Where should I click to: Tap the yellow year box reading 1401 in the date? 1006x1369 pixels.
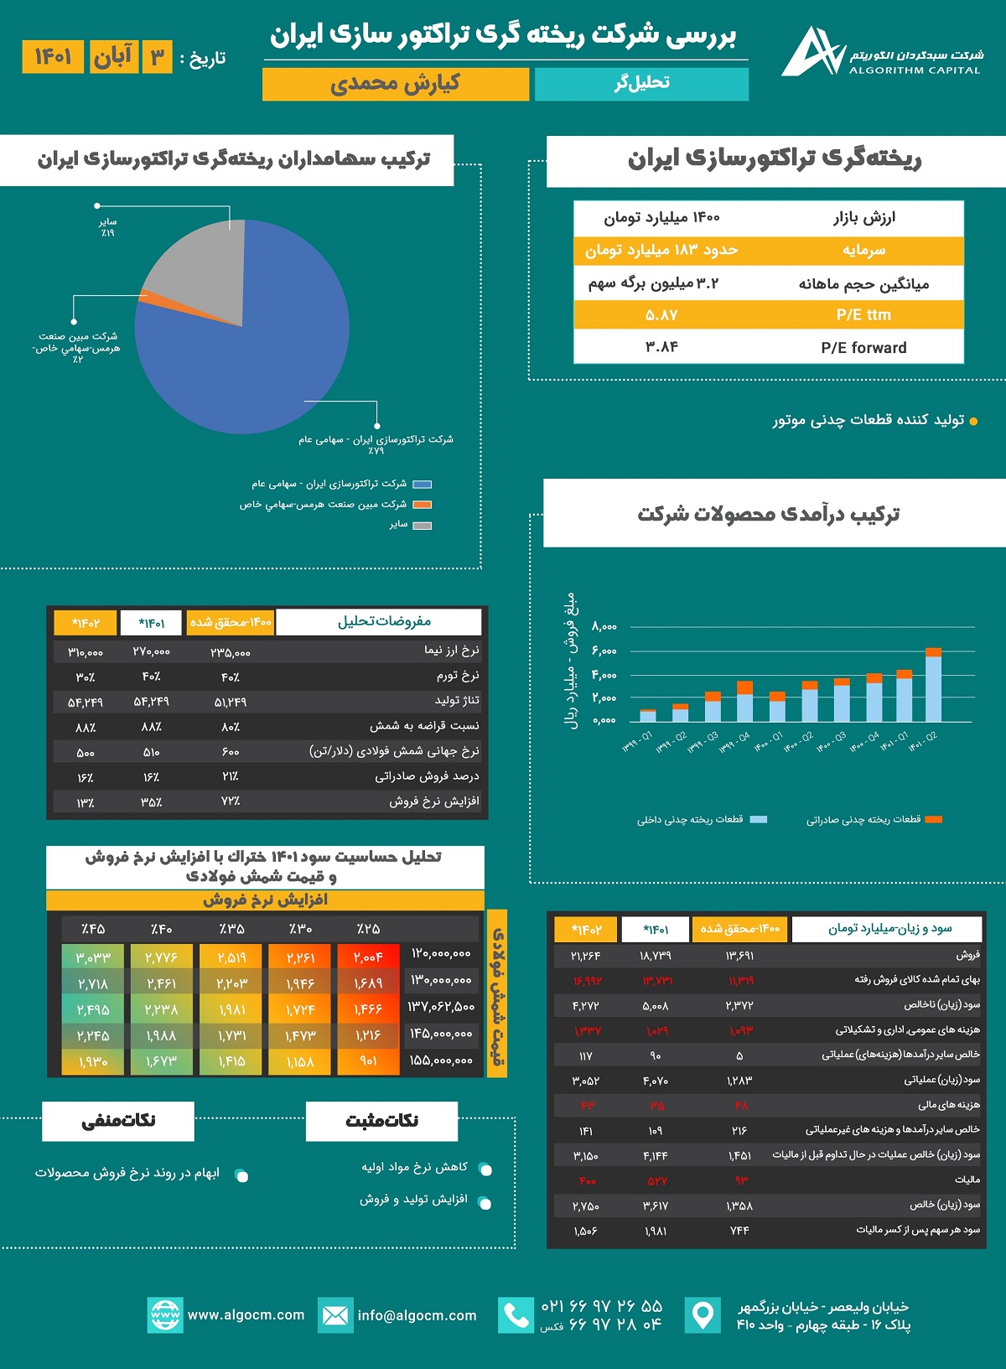[x=53, y=57]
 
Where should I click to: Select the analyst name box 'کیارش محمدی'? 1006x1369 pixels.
[x=395, y=84]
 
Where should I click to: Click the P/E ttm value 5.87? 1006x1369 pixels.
[x=661, y=315]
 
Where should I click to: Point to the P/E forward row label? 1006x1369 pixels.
[x=863, y=348]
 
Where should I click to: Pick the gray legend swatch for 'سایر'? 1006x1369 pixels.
[x=422, y=526]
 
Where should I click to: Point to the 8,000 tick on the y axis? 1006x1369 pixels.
[x=604, y=626]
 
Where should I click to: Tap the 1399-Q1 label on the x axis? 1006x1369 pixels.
[x=638, y=741]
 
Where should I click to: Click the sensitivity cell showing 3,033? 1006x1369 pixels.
[x=92, y=957]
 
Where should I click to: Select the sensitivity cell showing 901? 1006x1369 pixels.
[x=368, y=1061]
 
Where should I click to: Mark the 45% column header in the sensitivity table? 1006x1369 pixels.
[x=92, y=929]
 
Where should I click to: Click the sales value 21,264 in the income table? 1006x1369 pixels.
[x=586, y=955]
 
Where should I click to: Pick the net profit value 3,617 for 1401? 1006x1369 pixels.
[x=656, y=1206]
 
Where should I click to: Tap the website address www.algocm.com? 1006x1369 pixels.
[x=246, y=1315]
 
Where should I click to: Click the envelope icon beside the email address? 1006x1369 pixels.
[x=335, y=1315]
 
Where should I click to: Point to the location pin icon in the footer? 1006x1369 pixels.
[x=703, y=1315]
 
